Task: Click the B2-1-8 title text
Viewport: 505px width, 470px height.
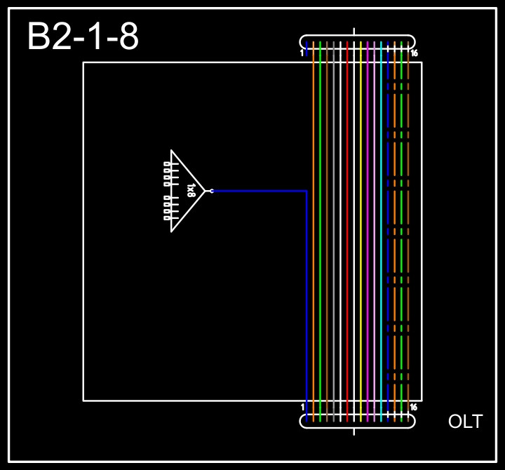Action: [83, 36]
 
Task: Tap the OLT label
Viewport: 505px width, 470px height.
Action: [465, 422]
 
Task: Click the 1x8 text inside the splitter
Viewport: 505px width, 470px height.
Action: [191, 190]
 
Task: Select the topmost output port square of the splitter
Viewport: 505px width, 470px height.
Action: [166, 163]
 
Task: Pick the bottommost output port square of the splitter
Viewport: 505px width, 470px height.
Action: [166, 218]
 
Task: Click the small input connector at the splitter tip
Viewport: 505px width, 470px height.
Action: [211, 191]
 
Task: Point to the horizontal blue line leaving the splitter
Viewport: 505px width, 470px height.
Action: [260, 191]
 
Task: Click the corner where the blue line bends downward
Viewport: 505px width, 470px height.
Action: [307, 191]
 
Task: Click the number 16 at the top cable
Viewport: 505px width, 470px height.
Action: [415, 53]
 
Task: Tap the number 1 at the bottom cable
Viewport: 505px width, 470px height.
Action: [302, 408]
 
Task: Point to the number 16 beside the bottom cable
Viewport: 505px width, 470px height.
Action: [414, 408]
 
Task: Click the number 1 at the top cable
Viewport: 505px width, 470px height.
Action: [302, 53]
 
